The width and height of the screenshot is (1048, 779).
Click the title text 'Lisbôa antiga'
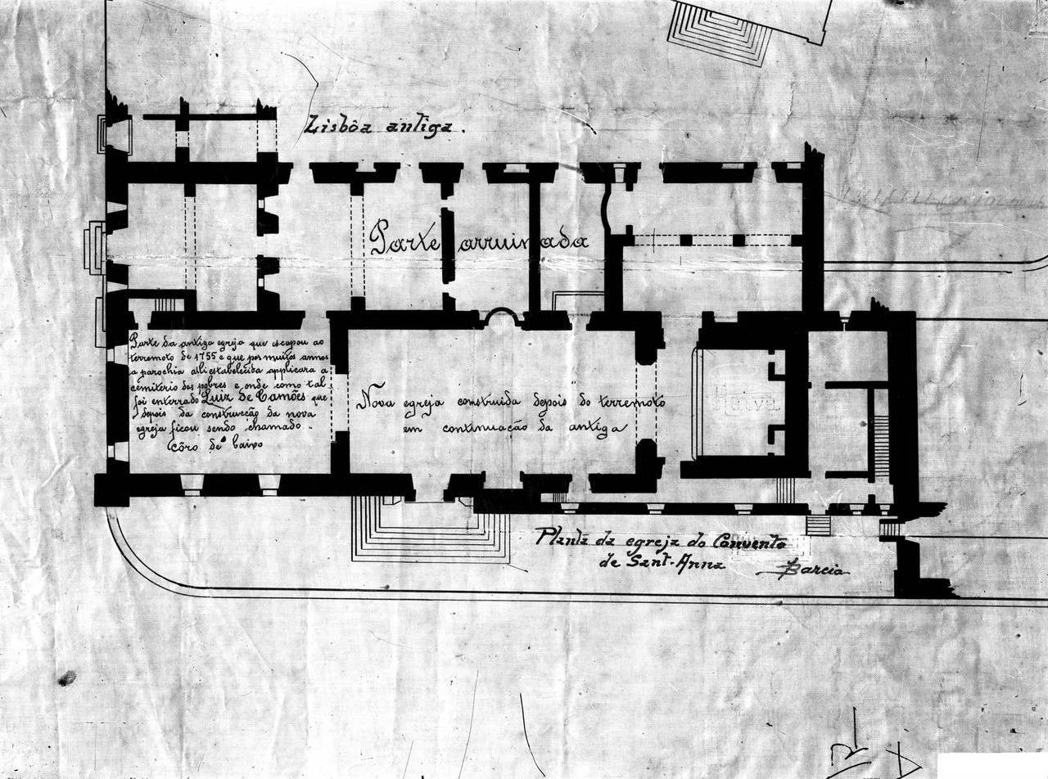383,126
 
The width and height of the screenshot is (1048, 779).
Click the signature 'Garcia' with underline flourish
806,571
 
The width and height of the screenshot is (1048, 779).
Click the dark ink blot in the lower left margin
66,678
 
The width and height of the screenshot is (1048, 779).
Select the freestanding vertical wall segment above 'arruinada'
446,245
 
